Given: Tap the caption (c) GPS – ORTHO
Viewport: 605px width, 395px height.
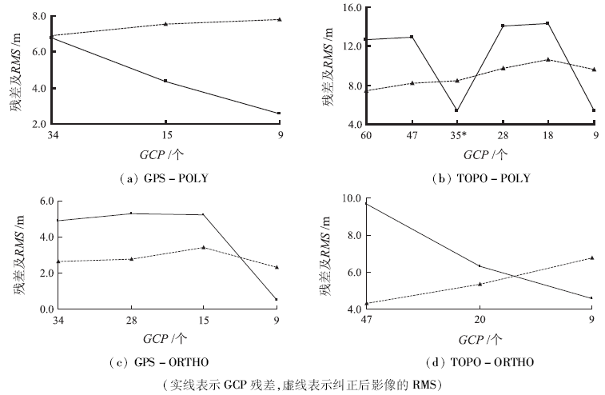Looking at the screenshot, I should [x=165, y=362].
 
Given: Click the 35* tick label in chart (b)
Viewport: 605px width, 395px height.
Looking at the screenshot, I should [x=456, y=135].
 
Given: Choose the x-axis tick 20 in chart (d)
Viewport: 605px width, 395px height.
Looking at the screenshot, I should [x=479, y=320].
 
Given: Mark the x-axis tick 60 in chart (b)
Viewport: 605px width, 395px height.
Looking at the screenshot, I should [x=364, y=135].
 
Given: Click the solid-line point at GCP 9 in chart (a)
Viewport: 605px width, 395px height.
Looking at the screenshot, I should [x=279, y=114].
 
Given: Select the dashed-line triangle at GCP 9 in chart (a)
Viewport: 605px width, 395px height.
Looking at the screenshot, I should [x=279, y=19].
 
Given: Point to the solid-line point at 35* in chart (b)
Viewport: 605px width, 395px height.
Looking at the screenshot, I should [x=456, y=110].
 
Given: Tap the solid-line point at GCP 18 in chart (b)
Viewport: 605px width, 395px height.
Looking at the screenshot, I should [x=547, y=23].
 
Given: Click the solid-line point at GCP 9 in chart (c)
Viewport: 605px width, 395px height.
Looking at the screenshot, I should [x=276, y=300].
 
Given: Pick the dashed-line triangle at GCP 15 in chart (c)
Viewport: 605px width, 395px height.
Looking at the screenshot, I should [x=202, y=247].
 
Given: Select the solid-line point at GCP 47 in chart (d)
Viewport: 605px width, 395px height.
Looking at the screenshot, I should [x=364, y=203].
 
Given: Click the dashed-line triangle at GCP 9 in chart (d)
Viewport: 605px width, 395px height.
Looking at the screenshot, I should [x=592, y=257].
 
